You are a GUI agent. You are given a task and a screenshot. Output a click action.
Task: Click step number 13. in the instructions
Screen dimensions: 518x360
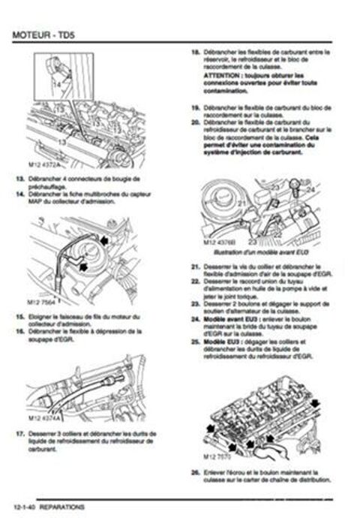19,179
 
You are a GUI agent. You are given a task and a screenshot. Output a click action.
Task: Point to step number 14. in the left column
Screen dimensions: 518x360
19,194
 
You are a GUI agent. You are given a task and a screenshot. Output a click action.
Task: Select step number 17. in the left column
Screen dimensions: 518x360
19,434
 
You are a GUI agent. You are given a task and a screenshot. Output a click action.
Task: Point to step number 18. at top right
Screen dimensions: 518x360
195,53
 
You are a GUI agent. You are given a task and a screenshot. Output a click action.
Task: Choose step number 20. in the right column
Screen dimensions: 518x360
195,120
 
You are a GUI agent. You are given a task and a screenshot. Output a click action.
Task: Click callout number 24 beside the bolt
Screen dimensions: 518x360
310,191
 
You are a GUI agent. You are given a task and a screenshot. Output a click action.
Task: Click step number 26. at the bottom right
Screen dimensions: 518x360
195,471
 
